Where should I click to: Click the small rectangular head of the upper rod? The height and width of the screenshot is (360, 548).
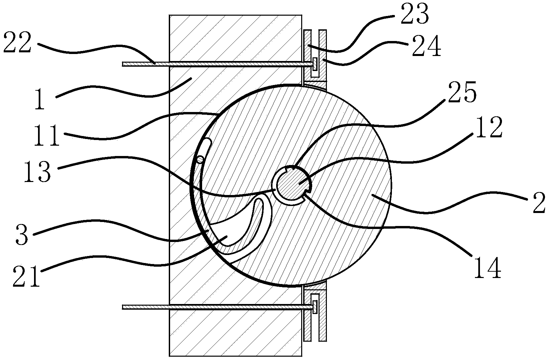point(315,63)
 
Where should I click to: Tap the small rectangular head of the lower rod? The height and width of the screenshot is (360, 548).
point(315,307)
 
